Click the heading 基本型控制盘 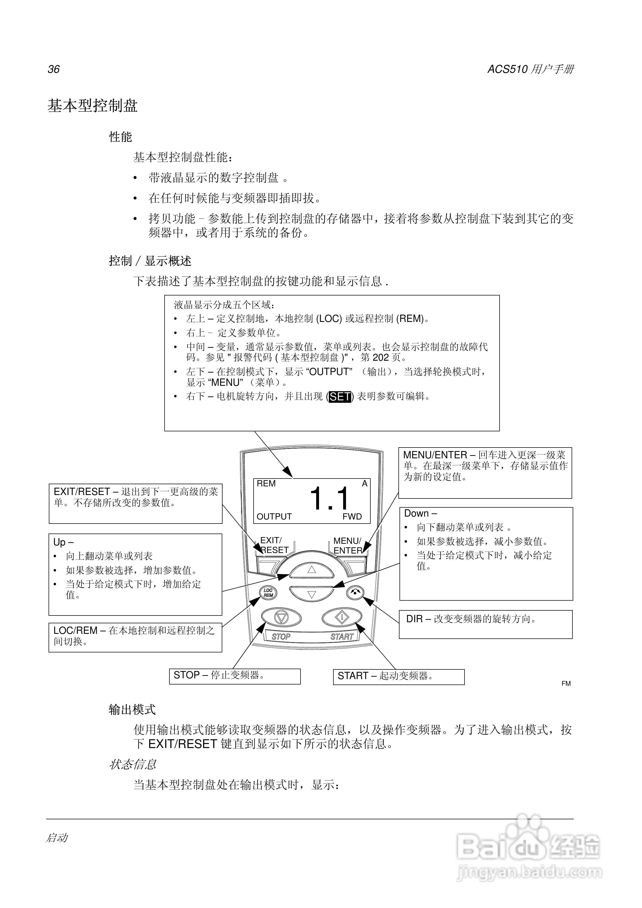click(x=92, y=106)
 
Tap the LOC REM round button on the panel click(x=268, y=592)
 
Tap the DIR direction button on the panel click(x=355, y=592)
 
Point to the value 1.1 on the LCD click(x=329, y=499)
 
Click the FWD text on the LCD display click(x=352, y=517)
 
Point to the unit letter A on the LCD click(x=364, y=484)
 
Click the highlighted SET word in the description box click(x=340, y=397)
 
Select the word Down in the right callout click(x=416, y=513)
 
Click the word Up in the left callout click(x=59, y=542)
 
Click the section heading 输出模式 click(x=132, y=710)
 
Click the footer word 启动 click(x=57, y=838)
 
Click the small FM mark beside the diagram click(x=566, y=684)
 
